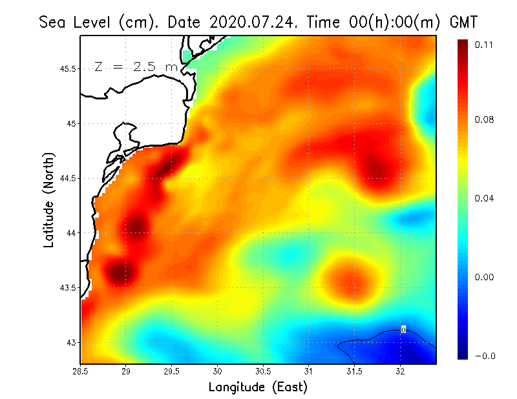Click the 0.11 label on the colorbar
click(484, 45)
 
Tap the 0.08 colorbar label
click(484, 119)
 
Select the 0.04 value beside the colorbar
click(484, 198)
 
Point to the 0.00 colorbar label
click(484, 277)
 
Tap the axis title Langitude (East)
click(258, 387)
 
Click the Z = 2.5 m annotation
click(136, 66)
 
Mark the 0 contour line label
click(403, 330)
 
